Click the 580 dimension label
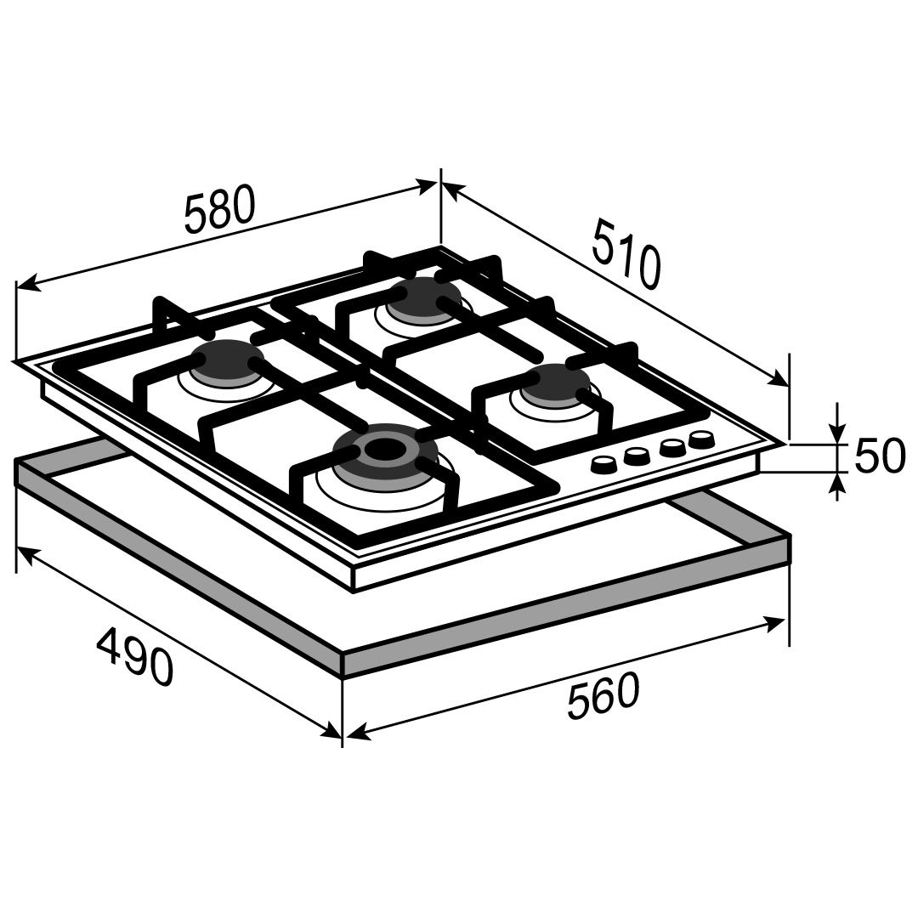coord(220,209)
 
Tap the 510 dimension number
coord(626,253)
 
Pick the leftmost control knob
coord(603,464)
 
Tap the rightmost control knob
coord(700,439)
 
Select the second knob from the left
coord(637,456)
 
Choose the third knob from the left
coord(672,447)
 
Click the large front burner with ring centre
coord(385,452)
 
